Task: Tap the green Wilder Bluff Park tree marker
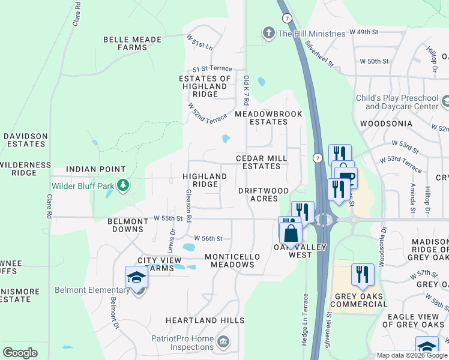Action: click(123, 185)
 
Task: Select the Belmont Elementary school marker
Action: click(136, 278)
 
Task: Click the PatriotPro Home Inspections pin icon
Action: click(223, 342)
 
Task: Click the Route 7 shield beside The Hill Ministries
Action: click(288, 19)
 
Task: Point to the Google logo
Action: click(20, 353)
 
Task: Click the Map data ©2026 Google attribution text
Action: click(411, 355)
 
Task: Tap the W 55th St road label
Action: click(167, 218)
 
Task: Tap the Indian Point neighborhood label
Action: click(96, 170)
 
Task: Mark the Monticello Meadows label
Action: click(233, 260)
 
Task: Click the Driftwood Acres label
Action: click(264, 194)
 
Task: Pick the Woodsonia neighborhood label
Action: click(386, 124)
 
